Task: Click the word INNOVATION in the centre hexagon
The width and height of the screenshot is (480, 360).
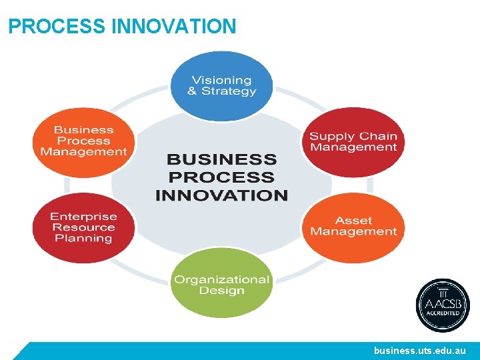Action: (x=221, y=195)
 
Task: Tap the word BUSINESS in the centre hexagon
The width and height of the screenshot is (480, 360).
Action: (x=221, y=159)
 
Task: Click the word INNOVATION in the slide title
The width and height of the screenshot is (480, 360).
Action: (x=174, y=27)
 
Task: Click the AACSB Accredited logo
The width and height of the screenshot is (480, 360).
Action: (x=443, y=305)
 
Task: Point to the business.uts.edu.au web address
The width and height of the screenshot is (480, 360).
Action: (x=420, y=351)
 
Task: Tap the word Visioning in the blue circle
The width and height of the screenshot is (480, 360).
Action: (x=221, y=79)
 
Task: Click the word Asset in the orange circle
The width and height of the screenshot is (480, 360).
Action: (x=353, y=221)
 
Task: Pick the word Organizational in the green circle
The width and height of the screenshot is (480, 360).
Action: (x=221, y=279)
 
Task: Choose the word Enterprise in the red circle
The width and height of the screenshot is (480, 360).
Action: (x=83, y=216)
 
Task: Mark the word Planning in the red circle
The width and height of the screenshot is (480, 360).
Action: (x=83, y=238)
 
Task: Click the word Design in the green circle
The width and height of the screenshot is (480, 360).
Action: (x=221, y=291)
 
